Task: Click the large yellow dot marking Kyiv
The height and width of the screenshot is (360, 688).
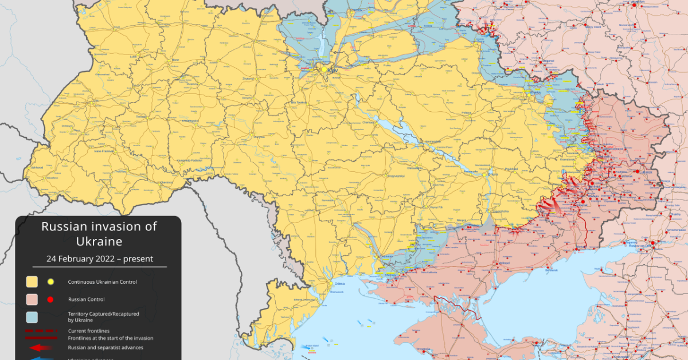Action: click(324, 70)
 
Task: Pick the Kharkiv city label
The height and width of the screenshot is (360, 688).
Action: click(536, 92)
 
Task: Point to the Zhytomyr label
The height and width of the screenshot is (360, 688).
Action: click(249, 79)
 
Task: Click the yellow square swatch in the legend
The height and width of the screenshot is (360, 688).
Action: click(32, 282)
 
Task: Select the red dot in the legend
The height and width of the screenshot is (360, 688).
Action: click(50, 299)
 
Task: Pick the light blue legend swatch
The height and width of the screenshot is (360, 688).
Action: click(32, 316)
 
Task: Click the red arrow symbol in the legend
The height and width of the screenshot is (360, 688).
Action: click(40, 347)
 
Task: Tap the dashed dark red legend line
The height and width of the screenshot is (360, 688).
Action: click(40, 331)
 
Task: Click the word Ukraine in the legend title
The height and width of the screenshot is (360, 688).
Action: click(99, 241)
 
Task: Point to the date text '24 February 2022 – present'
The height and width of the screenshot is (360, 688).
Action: click(100, 259)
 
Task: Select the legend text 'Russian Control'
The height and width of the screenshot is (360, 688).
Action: click(86, 299)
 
